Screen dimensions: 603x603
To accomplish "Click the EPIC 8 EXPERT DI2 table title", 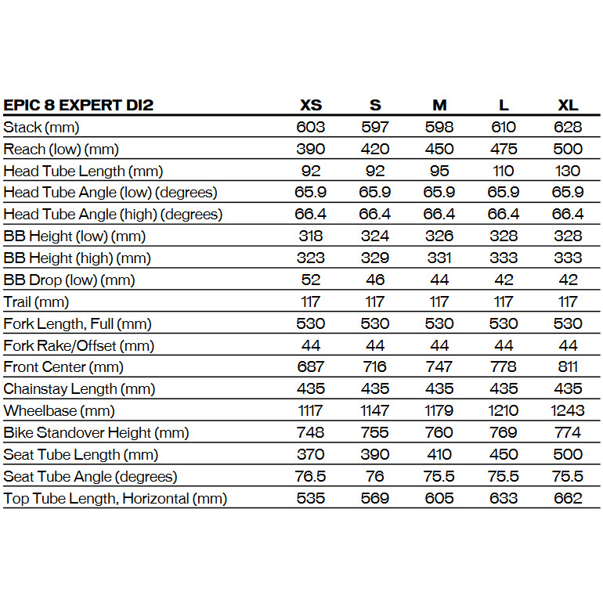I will (x=78, y=105).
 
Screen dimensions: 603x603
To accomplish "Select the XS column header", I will (x=311, y=105).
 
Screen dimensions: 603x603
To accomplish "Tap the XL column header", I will (x=568, y=105).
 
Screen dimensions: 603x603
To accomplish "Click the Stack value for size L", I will (x=504, y=127).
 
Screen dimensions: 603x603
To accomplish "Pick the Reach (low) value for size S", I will (x=376, y=149).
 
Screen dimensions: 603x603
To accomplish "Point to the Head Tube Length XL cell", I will (x=568, y=171).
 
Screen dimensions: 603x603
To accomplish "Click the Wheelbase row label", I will (x=59, y=410).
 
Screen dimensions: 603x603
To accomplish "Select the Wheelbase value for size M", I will (x=439, y=410).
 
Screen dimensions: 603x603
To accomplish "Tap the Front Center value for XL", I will (x=568, y=366).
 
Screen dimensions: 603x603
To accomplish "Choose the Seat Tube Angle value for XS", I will (x=311, y=476).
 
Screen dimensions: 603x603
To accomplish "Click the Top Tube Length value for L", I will (x=504, y=498).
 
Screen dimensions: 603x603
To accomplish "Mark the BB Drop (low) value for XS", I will (x=311, y=280).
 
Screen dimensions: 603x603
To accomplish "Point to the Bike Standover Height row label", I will (x=96, y=432).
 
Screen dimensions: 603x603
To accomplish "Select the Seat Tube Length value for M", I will (x=439, y=454).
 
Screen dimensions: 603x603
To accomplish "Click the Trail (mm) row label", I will (x=36, y=301).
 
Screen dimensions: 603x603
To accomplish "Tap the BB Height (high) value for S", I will (x=376, y=258).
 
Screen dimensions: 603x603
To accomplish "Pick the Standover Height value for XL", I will (x=568, y=432).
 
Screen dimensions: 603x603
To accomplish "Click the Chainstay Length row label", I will (x=79, y=388).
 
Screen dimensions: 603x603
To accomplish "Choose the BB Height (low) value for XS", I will (x=311, y=236).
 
